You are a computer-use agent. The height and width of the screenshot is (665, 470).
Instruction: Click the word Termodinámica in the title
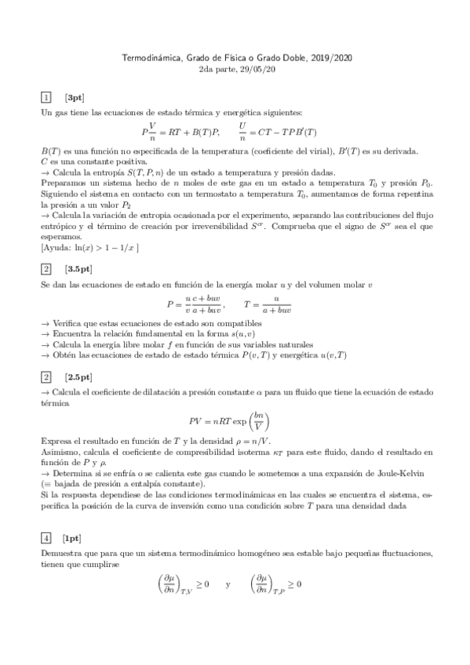click(x=151, y=58)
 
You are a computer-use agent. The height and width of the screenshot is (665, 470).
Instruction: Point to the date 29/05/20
click(x=255, y=69)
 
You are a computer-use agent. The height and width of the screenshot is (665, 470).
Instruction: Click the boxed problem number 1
click(x=46, y=97)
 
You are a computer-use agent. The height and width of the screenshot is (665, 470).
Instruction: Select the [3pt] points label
click(x=75, y=97)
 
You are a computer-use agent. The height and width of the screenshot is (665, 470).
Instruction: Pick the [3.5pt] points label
click(x=78, y=267)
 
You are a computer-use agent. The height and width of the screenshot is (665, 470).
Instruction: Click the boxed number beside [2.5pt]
click(x=46, y=376)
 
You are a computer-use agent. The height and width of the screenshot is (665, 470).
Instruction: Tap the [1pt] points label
click(x=75, y=537)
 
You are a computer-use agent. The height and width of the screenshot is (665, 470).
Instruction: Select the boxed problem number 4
click(x=46, y=537)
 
